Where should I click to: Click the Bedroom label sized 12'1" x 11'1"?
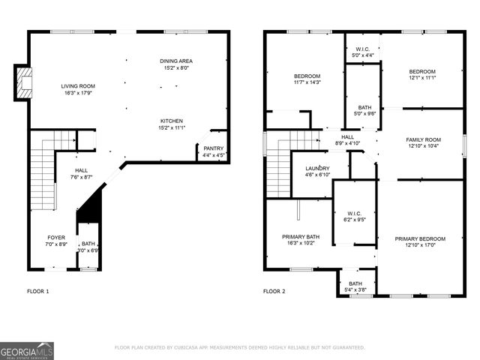coord(423,73)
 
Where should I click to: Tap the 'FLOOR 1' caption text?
coord(37,291)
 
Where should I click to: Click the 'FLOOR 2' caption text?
coord(274,291)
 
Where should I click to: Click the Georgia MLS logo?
coord(27,350)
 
